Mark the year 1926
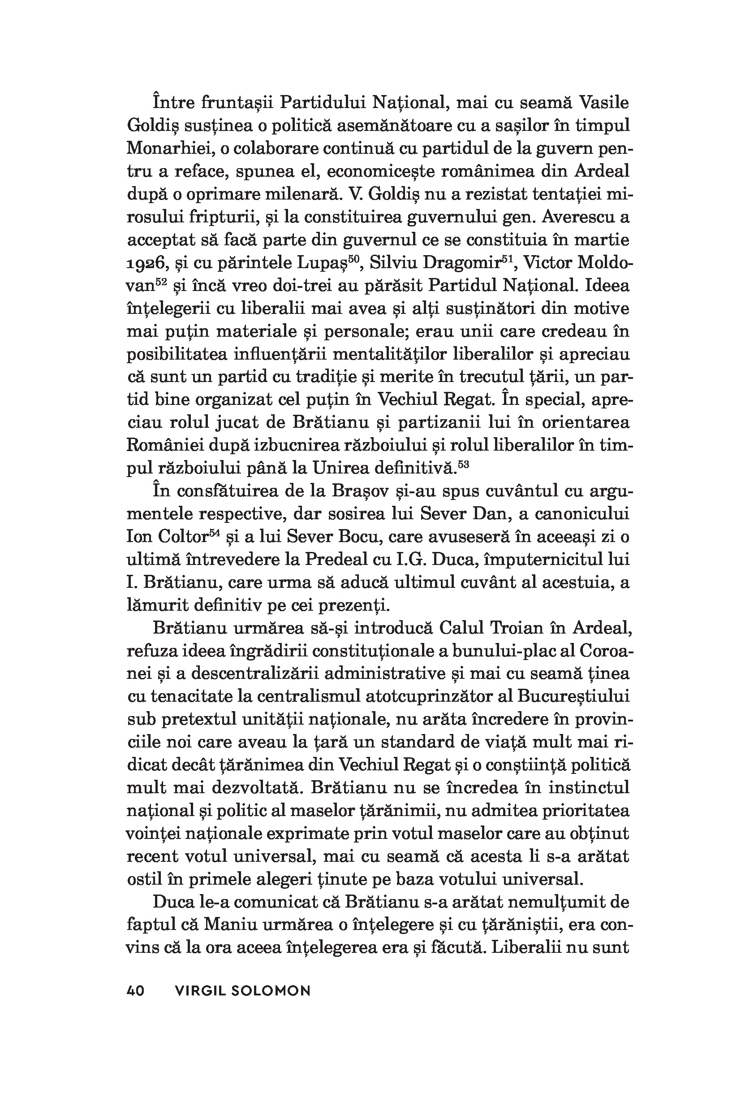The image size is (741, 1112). click(x=146, y=263)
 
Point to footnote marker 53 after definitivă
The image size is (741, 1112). click(x=463, y=464)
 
